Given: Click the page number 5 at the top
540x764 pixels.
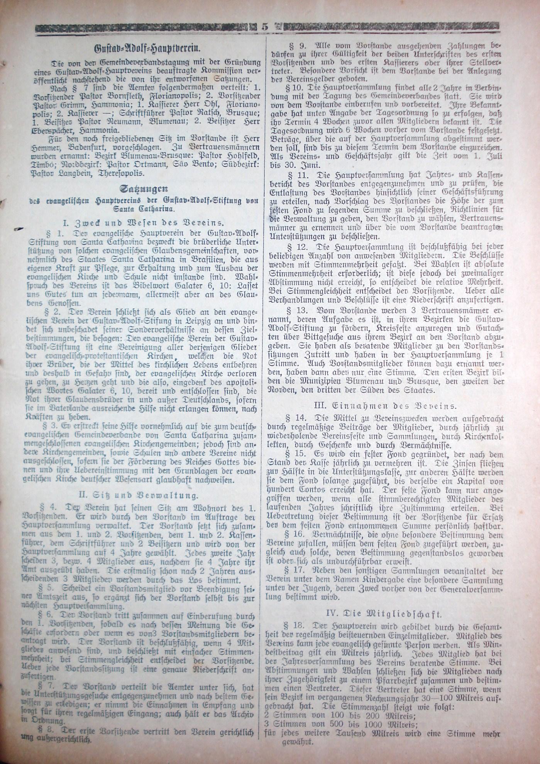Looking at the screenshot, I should click(x=265, y=27).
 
